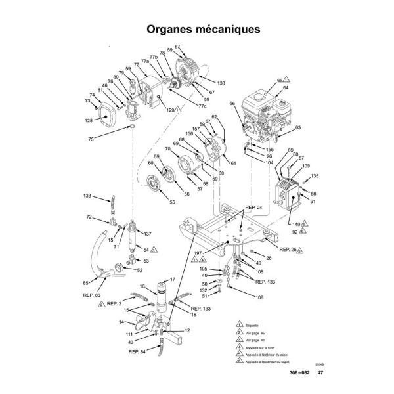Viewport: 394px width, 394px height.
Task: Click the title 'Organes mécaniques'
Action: coord(196,30)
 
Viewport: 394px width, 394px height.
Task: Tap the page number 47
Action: coord(320,373)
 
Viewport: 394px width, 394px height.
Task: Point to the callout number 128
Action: coord(89,120)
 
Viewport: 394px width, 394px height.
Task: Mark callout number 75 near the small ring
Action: coord(92,139)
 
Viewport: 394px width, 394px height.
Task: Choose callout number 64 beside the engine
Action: coord(286,87)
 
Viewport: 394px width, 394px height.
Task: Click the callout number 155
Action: coord(269,150)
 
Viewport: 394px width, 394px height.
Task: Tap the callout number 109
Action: coord(305,166)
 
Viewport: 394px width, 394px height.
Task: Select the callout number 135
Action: coord(315,176)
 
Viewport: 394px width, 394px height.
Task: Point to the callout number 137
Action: coord(148,234)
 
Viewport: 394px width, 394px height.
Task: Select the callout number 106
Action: coord(259,297)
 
